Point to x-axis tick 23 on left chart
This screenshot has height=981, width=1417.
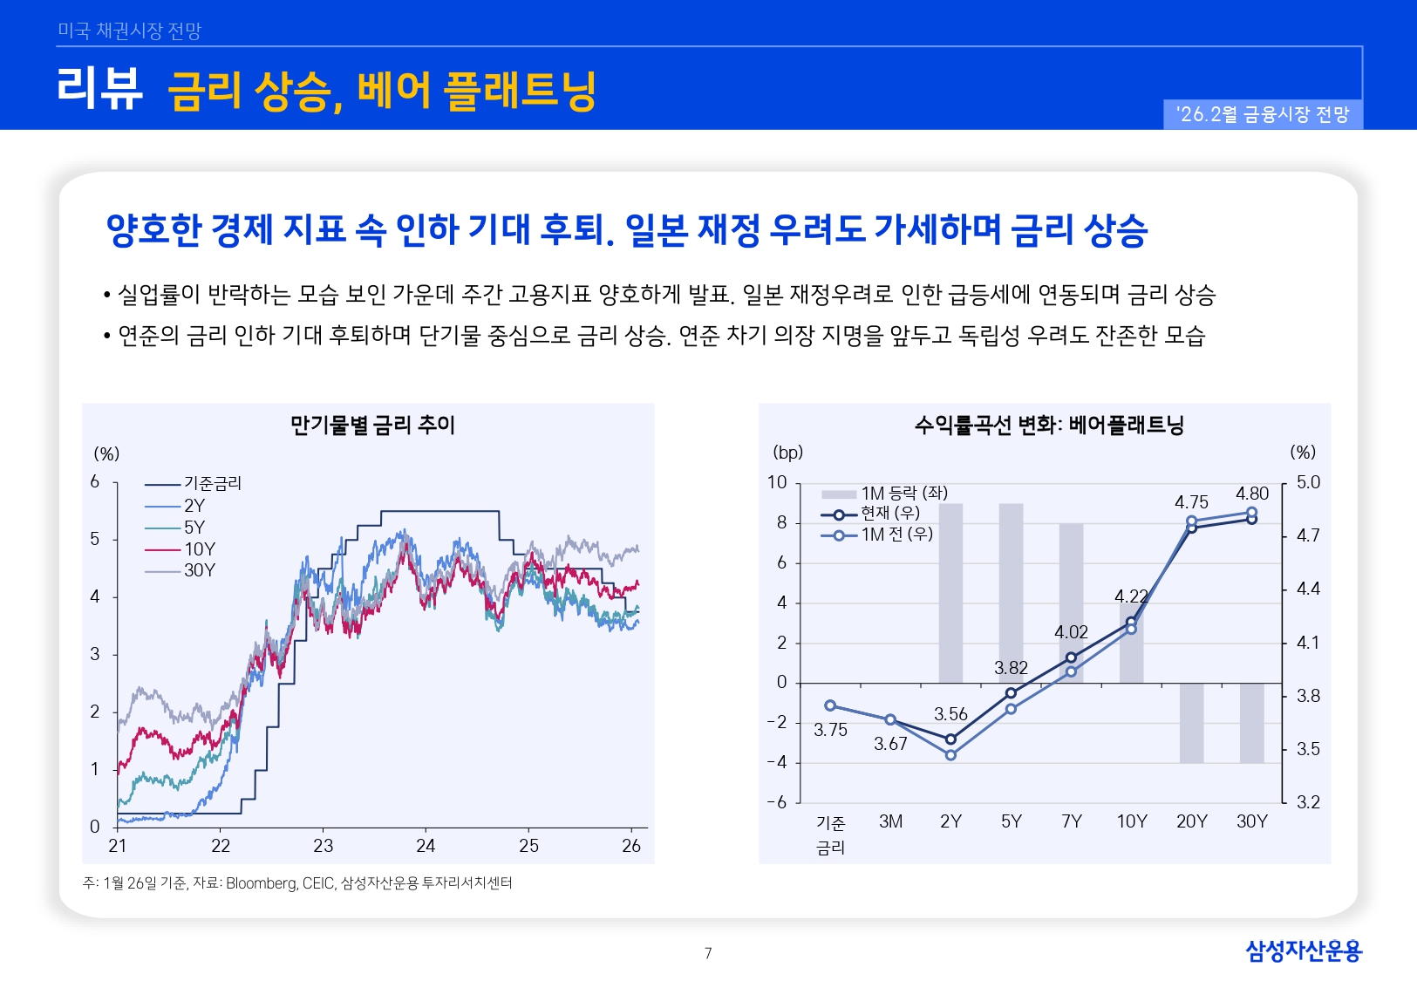[x=324, y=846]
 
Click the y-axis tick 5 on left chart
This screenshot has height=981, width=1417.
[x=95, y=539]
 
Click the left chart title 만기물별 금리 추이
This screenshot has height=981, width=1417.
[x=372, y=426]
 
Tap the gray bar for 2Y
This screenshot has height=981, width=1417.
[x=950, y=593]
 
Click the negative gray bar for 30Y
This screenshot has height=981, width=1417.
[x=1252, y=723]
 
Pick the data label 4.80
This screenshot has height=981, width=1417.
[x=1252, y=494]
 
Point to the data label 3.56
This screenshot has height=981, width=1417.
[x=950, y=714]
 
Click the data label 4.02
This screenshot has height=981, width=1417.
[x=1071, y=632]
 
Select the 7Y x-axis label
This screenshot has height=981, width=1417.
[x=1072, y=821]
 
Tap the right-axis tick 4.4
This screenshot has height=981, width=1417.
[x=1308, y=589]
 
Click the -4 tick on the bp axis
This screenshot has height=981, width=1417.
[x=776, y=762]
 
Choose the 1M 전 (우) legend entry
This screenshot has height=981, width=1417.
[x=896, y=535]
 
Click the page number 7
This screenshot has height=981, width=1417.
[x=708, y=953]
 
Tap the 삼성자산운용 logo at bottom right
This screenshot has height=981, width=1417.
[x=1303, y=950]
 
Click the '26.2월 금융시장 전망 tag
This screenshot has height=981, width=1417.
[x=1263, y=114]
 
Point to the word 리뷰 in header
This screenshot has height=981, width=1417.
[x=99, y=89]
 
